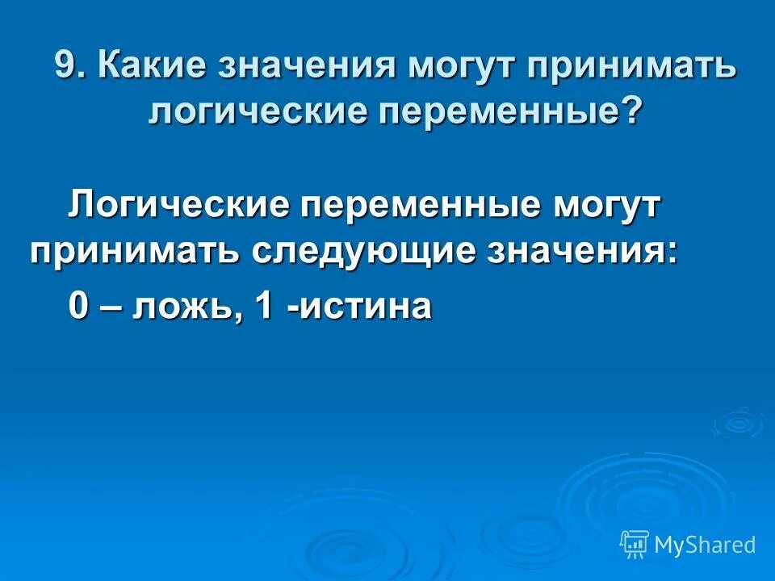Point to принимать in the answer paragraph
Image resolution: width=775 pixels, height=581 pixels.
133,252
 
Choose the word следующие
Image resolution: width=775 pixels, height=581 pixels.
374,252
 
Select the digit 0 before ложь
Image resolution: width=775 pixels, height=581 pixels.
78,307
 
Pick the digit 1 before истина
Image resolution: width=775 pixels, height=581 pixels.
263,307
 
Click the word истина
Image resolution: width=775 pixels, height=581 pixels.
366,307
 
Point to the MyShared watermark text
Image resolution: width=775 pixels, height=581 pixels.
705,545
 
